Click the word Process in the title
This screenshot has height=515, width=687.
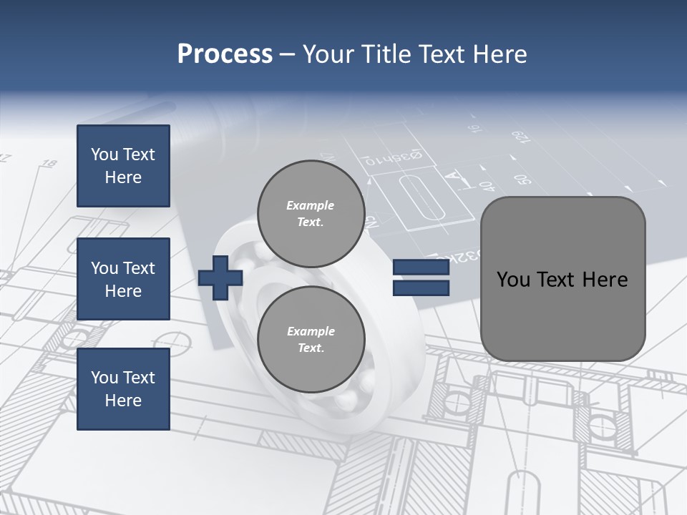pos(225,54)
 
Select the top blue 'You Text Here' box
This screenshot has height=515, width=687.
pos(123,166)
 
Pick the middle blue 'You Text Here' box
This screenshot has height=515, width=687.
pos(123,279)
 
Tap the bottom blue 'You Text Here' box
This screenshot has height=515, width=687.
pos(123,389)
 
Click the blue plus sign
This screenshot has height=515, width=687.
pos(220,277)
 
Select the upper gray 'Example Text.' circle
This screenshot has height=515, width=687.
pos(311,214)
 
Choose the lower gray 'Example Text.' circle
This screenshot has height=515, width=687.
pos(311,340)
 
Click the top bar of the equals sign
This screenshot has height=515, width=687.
pos(421,268)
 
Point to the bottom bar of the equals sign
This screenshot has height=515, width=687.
pos(421,288)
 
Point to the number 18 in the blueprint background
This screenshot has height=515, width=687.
pos(49,164)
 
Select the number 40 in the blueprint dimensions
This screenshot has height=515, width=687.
pos(487,186)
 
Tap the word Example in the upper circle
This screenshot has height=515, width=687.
pos(311,205)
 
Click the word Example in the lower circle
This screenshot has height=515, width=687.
pos(311,331)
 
